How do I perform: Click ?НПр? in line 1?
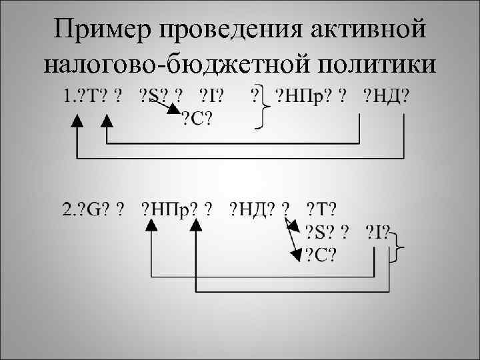point(307,97)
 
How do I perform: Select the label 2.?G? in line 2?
point(83,209)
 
